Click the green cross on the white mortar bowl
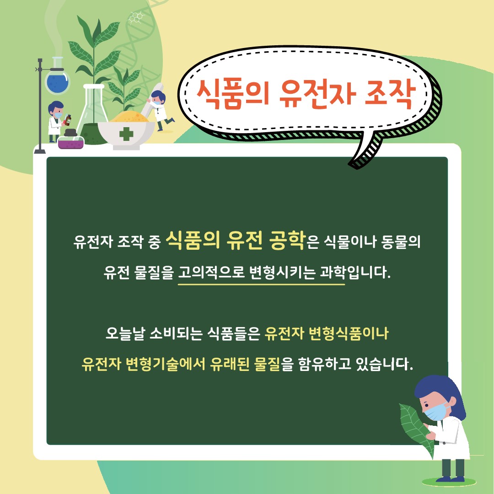[x=126, y=134]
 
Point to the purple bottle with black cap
[x=71, y=139]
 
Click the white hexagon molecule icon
[x=136, y=17]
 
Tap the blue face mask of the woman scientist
[x=436, y=412]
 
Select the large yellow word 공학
[x=287, y=240]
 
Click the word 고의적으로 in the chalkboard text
[x=211, y=272]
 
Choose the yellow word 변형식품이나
[x=349, y=333]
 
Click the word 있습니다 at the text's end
[x=384, y=364]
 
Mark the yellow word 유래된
[x=230, y=364]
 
